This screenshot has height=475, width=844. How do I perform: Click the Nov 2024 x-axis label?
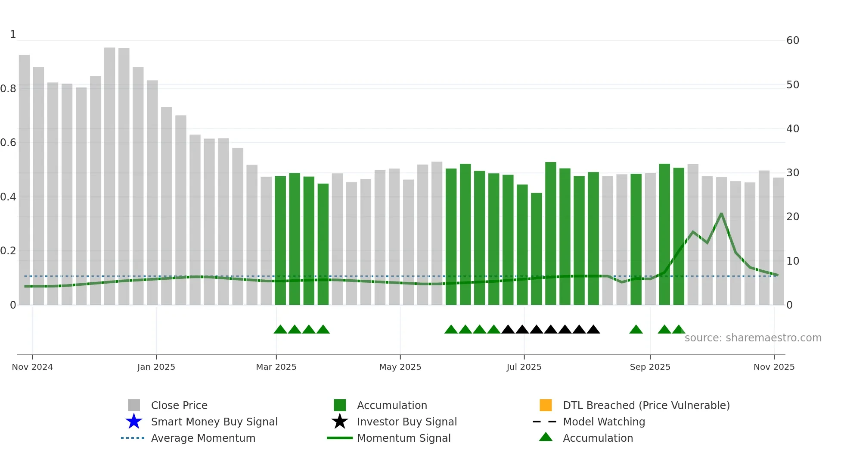pos(32,367)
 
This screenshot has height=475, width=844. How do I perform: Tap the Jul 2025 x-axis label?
pos(524,367)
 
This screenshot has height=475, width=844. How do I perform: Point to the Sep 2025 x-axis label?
pos(650,367)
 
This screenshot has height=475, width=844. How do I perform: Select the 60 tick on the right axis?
pos(792,41)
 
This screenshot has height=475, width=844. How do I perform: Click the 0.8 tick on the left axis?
pos(9,89)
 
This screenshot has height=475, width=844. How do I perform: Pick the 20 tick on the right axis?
pos(792,217)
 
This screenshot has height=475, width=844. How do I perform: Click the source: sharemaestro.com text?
pos(753,338)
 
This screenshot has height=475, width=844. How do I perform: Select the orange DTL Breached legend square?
pos(546,405)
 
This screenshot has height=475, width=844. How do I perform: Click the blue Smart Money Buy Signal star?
pos(134,422)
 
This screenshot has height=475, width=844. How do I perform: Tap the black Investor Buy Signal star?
pos(340,422)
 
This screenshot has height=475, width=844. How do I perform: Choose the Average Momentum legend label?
pos(203,438)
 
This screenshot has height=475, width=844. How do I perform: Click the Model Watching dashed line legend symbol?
pos(544,422)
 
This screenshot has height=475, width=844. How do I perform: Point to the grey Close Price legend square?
pos(134,405)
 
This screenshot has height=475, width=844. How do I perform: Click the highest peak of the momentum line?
pos(721,214)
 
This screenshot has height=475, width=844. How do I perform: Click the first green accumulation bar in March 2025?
pos(280,241)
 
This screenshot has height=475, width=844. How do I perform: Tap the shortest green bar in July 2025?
pos(536,250)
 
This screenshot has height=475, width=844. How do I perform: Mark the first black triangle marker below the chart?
pos(508,330)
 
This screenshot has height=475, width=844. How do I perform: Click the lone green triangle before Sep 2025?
pos(636,330)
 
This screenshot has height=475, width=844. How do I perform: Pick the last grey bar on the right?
pos(778,241)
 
